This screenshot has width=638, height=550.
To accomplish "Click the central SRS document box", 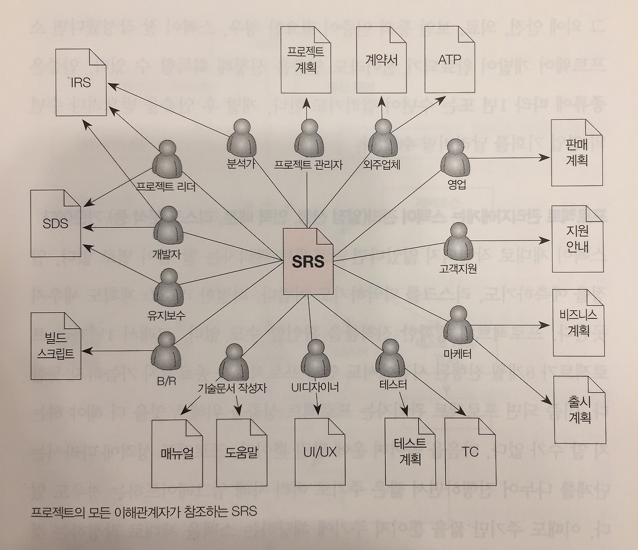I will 309,261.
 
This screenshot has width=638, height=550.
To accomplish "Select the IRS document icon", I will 81,82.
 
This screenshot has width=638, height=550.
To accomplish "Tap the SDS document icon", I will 55,223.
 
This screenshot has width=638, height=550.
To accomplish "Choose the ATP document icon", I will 450,60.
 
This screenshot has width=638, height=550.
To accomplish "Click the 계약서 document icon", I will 382,60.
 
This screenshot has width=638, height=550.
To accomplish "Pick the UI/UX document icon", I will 319,452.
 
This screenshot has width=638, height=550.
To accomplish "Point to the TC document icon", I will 469,452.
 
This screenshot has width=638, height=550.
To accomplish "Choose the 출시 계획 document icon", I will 579,410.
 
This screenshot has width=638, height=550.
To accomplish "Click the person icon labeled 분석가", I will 241,138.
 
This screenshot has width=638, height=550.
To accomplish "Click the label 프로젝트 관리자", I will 308,165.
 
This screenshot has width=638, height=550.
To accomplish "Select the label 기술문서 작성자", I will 232,387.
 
